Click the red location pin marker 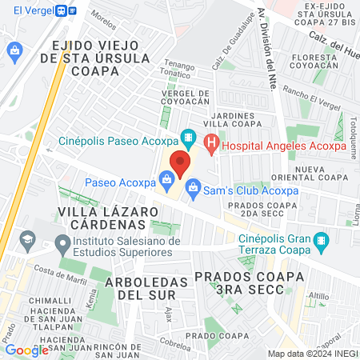tap(180, 164)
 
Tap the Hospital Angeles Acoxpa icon tap(211, 144)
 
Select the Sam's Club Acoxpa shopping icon tap(192, 190)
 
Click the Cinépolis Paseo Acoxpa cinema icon tap(187, 138)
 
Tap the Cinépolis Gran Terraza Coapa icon tap(321, 239)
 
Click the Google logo tap(26, 350)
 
